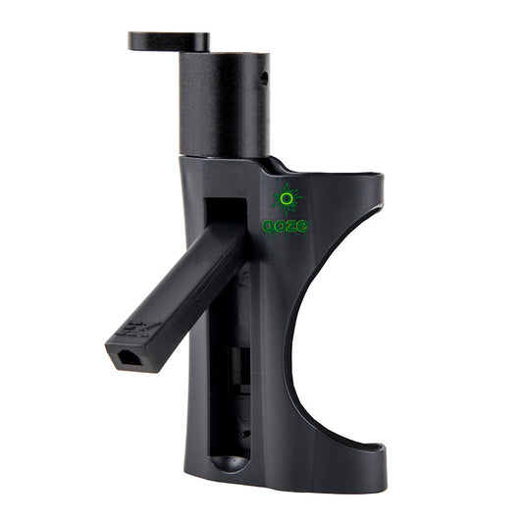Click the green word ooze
click(x=285, y=226)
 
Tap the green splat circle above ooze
click(x=287, y=199)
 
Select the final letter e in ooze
click(x=302, y=226)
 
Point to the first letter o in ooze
click(x=268, y=227)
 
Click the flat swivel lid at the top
click(x=169, y=41)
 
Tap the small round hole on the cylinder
click(x=264, y=78)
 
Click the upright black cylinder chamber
click(x=224, y=105)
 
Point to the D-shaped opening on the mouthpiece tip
click(x=129, y=357)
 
